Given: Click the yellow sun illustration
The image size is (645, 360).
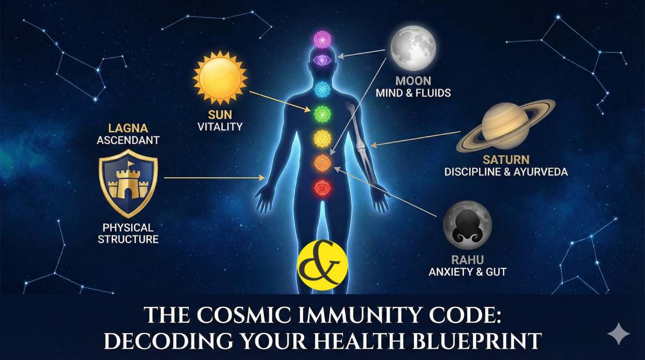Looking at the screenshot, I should click(219, 78).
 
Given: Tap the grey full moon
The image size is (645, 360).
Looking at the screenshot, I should click(412, 47).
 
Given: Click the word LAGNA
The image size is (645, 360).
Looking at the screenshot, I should click(128, 129).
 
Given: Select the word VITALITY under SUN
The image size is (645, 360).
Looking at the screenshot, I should click(220, 127).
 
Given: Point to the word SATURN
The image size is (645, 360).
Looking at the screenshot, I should click(506, 160).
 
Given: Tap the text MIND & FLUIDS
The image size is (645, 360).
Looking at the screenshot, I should click(413, 93).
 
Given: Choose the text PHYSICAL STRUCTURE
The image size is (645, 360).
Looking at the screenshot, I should click(128, 233).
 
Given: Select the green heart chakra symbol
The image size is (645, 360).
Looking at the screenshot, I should click(321, 113).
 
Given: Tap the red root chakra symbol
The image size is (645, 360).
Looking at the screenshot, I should click(322, 187).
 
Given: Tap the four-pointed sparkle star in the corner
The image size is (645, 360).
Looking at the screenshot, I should click(618, 334).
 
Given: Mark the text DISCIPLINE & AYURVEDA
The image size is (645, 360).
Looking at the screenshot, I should click(506, 172).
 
